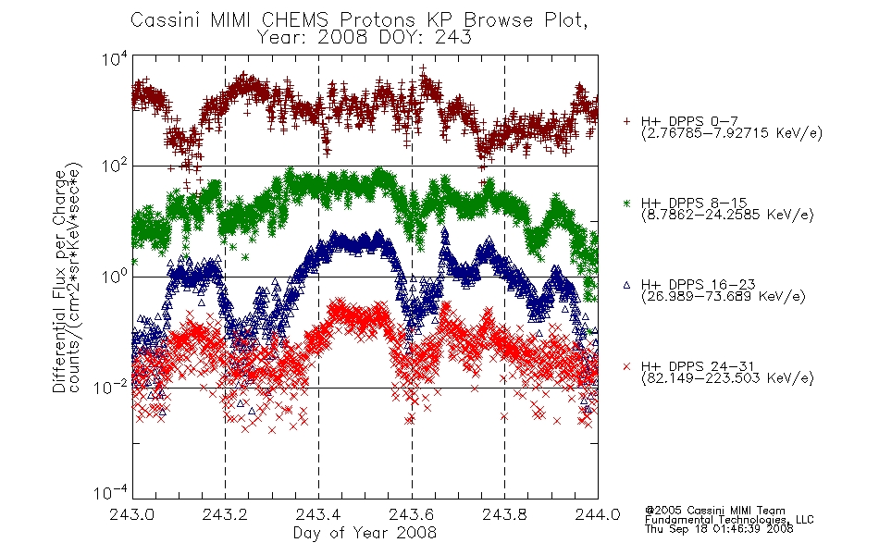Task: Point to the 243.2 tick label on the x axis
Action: pyautogui.click(x=226, y=514)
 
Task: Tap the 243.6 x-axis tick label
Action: pyautogui.click(x=412, y=514)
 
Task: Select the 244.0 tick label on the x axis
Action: pyautogui.click(x=598, y=514)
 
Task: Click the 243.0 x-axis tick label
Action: pyautogui.click(x=132, y=514)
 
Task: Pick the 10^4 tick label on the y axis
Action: pyautogui.click(x=115, y=58)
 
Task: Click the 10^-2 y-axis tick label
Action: pyautogui.click(x=111, y=387)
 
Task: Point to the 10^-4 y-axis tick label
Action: pyautogui.click(x=111, y=492)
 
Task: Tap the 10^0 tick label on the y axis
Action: pyautogui.click(x=115, y=276)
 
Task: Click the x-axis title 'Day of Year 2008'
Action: pyautogui.click(x=365, y=533)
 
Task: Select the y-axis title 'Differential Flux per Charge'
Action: pyautogui.click(x=60, y=281)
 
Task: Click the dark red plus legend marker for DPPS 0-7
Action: pyautogui.click(x=626, y=121)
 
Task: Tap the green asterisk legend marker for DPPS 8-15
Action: pyautogui.click(x=626, y=203)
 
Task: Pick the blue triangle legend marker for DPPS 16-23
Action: pyautogui.click(x=626, y=285)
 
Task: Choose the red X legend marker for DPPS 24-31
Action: pyautogui.click(x=626, y=366)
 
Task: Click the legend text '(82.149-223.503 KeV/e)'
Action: pyautogui.click(x=727, y=378)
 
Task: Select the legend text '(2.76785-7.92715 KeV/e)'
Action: pyautogui.click(x=732, y=133)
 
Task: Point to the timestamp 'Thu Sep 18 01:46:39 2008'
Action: pyautogui.click(x=719, y=529)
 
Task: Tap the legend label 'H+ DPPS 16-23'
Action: pyautogui.click(x=698, y=284)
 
